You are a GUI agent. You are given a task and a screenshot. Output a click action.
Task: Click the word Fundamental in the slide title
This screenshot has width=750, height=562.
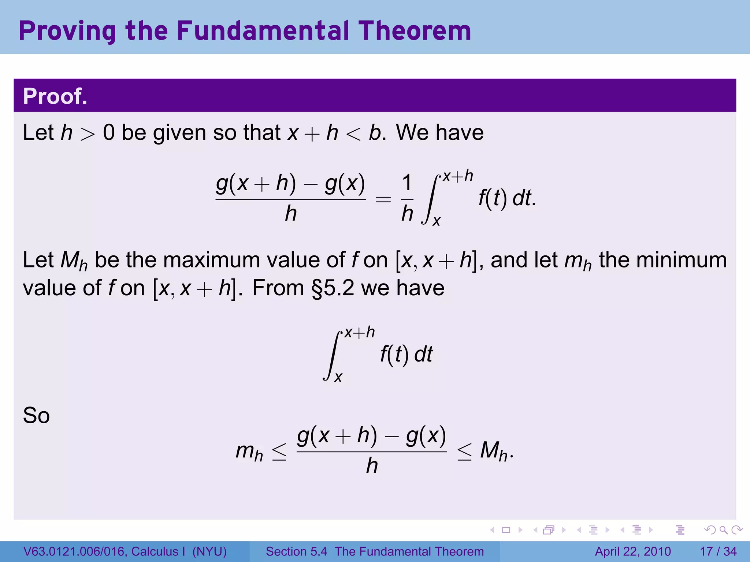click(x=263, y=31)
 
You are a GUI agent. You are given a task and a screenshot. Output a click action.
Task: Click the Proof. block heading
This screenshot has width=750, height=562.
click(x=55, y=96)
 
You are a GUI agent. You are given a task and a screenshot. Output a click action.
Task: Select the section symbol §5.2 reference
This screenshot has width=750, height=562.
click(x=333, y=288)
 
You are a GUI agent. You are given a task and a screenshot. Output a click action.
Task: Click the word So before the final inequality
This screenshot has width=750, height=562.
click(x=36, y=416)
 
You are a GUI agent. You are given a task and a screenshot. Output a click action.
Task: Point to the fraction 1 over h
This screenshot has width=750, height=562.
click(x=407, y=198)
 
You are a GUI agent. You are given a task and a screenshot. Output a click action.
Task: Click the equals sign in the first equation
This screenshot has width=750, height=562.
click(x=383, y=200)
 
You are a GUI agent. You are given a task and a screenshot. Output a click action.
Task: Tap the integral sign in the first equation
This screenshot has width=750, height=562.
click(x=431, y=199)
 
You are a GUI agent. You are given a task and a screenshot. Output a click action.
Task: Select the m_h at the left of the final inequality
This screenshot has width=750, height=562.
click(x=249, y=452)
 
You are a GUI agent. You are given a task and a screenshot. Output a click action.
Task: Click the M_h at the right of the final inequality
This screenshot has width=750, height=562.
click(x=494, y=452)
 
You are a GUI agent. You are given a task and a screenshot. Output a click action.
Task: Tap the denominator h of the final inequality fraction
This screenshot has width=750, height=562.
click(x=372, y=466)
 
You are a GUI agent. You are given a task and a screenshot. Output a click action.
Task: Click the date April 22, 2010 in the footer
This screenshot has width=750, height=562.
click(x=633, y=551)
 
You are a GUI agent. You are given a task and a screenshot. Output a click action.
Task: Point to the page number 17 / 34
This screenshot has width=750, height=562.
click(x=718, y=551)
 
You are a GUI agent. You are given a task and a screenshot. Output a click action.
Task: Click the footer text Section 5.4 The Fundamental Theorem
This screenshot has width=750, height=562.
click(x=375, y=551)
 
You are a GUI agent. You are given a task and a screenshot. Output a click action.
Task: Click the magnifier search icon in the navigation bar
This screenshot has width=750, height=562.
click(x=723, y=530)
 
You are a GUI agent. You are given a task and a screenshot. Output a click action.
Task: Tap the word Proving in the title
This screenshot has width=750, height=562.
click(x=67, y=31)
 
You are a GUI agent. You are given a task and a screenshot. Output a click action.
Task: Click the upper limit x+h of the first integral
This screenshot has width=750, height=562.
click(x=458, y=177)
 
